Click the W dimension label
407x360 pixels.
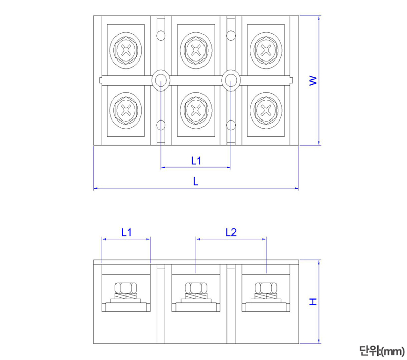(313, 80)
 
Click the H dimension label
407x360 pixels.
(313, 302)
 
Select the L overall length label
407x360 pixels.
(196, 181)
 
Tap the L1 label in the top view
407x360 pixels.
(196, 161)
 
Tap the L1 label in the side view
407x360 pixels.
(126, 232)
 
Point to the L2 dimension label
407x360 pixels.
(231, 232)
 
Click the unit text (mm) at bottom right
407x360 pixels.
(381, 350)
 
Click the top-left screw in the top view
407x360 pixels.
(126, 50)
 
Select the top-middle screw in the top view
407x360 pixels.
(196, 50)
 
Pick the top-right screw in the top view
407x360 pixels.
(266, 50)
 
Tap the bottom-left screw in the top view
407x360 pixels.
(126, 109)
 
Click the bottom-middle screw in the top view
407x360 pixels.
(196, 109)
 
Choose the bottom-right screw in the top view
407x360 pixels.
(266, 109)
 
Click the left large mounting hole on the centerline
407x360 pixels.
(161, 79)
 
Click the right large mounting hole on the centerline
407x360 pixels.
(231, 79)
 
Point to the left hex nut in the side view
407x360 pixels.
(126, 288)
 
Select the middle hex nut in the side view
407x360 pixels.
(196, 288)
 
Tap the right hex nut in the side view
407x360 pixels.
(266, 288)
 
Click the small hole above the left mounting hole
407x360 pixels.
(161, 35)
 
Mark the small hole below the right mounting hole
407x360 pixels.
(231, 124)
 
